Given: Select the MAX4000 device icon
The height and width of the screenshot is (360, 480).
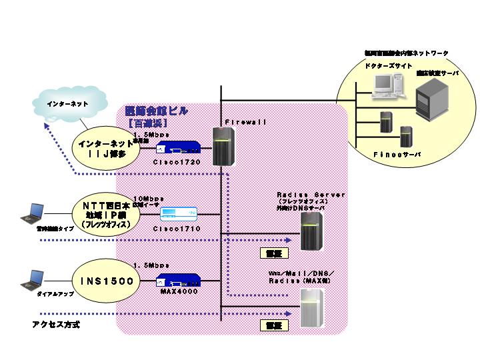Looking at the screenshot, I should [179, 281].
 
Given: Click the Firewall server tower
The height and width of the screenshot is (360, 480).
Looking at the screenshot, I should [221, 146].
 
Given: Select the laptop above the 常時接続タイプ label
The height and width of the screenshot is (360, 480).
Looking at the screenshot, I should [34, 213].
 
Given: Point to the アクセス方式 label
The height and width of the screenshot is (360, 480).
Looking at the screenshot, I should [57, 325].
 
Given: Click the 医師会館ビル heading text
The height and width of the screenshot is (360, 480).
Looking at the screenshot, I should [157, 111].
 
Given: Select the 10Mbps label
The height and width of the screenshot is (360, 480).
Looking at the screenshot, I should [148, 199].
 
